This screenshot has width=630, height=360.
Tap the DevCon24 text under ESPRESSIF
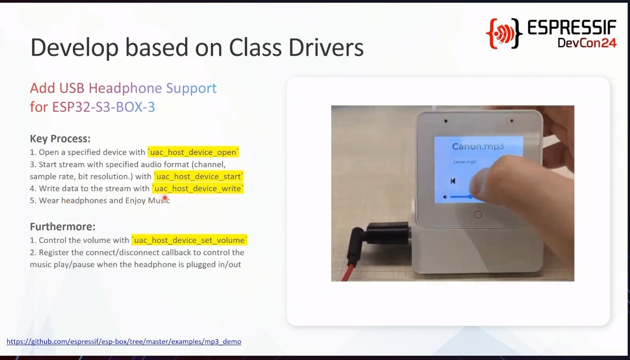click(587, 43)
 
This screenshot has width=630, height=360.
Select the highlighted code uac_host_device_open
click(193, 152)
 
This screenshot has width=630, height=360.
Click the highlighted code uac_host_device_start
click(198, 176)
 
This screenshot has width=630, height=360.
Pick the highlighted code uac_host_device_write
click(198, 188)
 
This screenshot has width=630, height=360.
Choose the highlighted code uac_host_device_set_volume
click(189, 240)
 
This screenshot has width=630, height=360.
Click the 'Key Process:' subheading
click(60, 139)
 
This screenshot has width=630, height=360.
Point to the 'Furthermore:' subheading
click(62, 226)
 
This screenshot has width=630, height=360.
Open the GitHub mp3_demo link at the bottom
click(124, 341)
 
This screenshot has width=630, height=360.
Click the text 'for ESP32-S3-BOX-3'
click(92, 107)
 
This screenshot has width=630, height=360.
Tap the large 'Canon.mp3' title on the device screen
click(478, 146)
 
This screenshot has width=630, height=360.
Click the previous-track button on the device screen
click(453, 181)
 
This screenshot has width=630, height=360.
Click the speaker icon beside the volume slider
click(445, 197)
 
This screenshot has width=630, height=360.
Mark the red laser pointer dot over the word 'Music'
click(165, 198)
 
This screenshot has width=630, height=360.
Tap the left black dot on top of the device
click(446, 121)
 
